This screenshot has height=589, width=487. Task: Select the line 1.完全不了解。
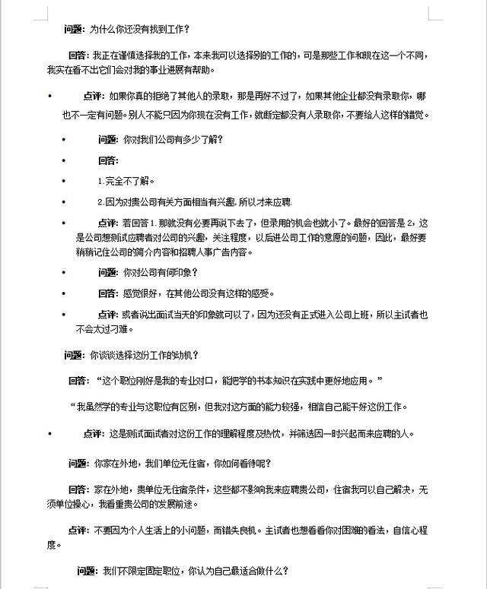pos(126,182)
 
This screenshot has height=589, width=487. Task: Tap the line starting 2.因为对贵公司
pos(195,202)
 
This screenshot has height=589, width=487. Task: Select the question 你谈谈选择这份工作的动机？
pos(145,355)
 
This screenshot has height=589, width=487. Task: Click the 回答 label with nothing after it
pos(108,161)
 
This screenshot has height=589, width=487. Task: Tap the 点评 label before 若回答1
pos(108,223)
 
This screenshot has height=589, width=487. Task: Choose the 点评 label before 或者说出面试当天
pos(108,315)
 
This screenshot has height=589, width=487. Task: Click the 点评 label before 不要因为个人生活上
pos(80,531)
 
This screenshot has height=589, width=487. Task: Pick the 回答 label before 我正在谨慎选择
pos(79,55)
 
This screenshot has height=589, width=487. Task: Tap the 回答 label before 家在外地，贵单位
pos(79,489)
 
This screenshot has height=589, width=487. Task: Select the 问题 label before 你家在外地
pos(79,463)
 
